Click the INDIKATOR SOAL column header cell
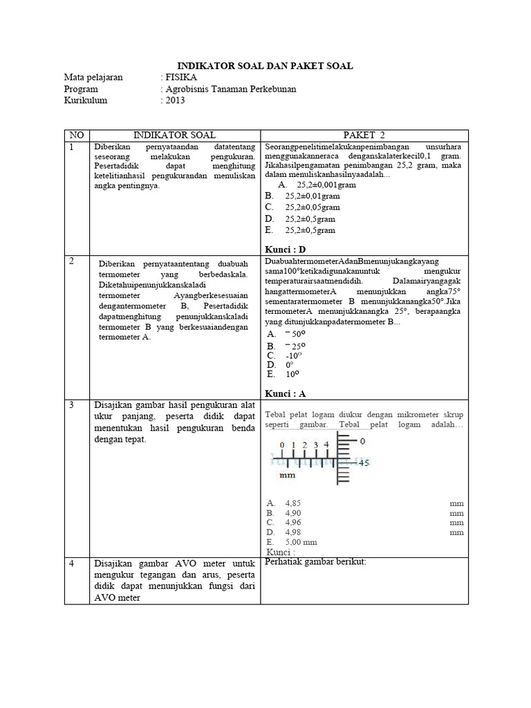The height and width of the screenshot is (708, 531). point(174,134)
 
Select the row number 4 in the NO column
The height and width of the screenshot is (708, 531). point(71,564)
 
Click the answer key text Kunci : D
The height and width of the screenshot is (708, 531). point(285,249)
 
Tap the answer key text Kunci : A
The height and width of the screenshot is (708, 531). point(285,393)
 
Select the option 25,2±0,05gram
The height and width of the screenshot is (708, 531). point(312,207)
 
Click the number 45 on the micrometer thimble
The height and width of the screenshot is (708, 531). point(364,462)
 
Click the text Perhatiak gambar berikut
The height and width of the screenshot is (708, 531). point(315,561)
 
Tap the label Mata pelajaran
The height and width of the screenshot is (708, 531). point(93,77)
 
